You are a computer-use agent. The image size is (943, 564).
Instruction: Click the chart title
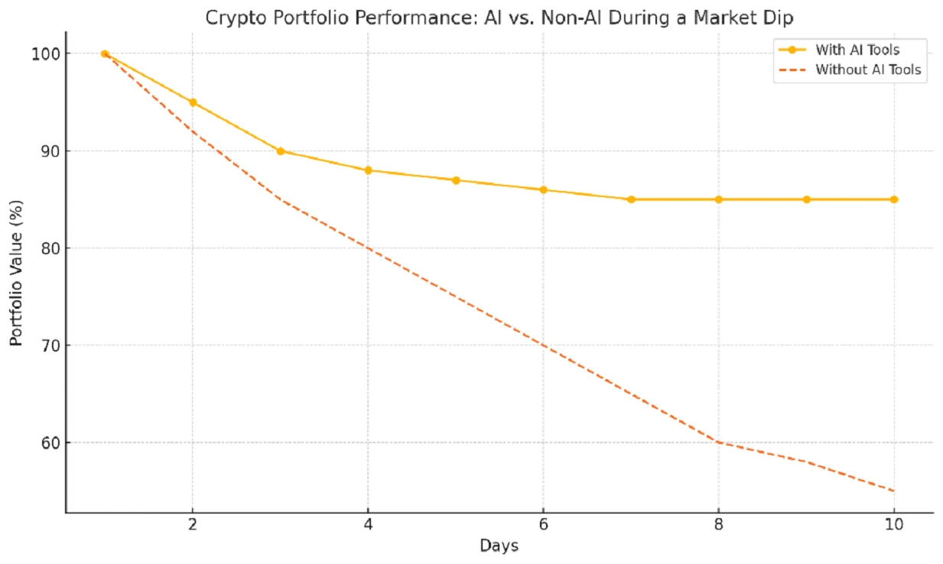pyautogui.click(x=499, y=18)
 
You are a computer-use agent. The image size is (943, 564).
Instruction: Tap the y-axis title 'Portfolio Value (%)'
pyautogui.click(x=17, y=274)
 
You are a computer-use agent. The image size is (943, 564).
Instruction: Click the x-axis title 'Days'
pyautogui.click(x=499, y=546)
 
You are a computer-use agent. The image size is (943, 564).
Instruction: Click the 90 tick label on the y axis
pyautogui.click(x=50, y=151)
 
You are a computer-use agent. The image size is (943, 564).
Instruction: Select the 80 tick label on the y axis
pyautogui.click(x=50, y=248)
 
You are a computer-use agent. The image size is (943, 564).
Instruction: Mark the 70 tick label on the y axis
pyautogui.click(x=50, y=345)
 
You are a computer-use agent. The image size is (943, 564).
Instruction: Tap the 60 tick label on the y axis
pyautogui.click(x=50, y=442)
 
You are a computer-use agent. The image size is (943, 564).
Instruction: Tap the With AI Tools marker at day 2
pyautogui.click(x=193, y=102)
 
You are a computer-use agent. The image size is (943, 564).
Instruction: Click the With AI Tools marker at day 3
pyautogui.click(x=281, y=151)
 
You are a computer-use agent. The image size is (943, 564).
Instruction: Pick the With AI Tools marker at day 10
pyautogui.click(x=893, y=199)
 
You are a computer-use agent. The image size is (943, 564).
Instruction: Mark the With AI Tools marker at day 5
pyautogui.click(x=456, y=180)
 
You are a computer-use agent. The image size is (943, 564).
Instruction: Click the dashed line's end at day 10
pyautogui.click(x=893, y=491)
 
